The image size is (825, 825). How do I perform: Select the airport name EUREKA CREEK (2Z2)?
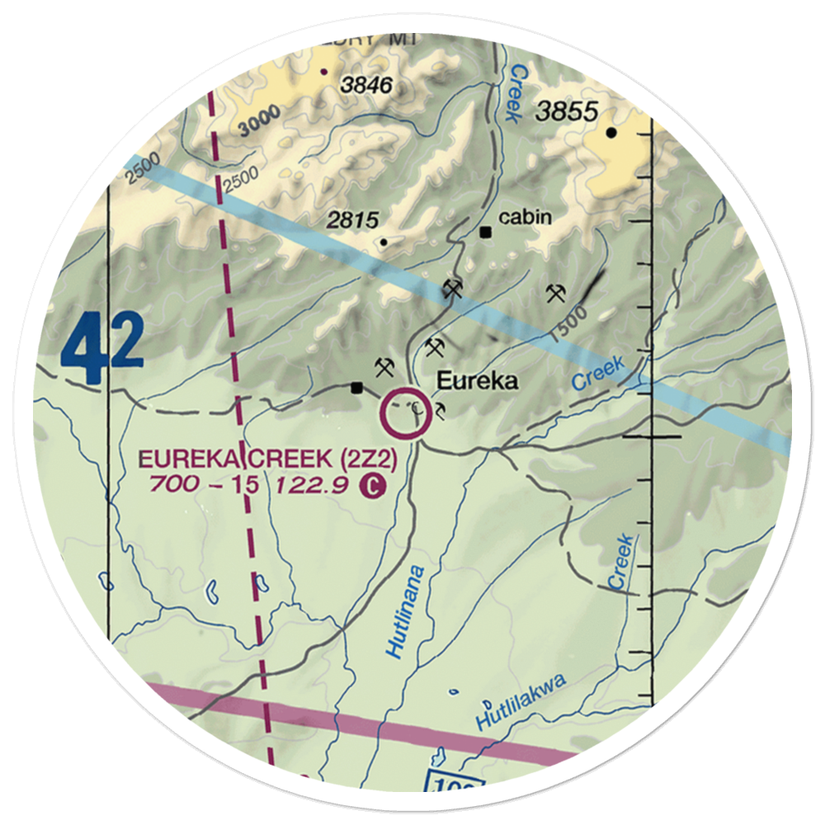tap(269, 459)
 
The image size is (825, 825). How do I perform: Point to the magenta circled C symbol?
tap(374, 487)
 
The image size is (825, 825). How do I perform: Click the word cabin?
tap(526, 217)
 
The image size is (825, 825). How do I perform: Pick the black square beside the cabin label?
tap(486, 232)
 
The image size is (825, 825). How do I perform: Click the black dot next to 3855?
tap(611, 132)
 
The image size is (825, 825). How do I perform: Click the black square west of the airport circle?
tap(356, 387)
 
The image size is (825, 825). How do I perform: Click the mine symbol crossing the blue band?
tap(451, 289)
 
